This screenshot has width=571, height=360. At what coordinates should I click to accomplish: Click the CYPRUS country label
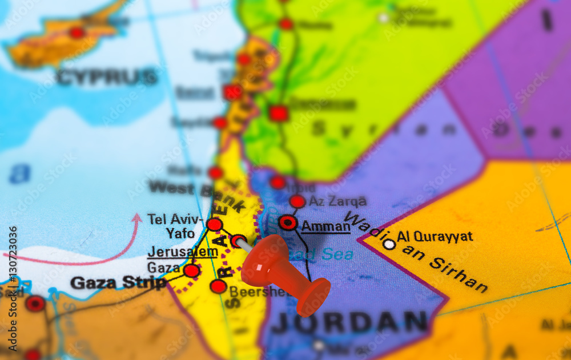click(x=107, y=76)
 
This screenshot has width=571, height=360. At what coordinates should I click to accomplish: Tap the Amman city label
click(x=325, y=226)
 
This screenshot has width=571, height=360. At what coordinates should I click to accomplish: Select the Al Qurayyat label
click(x=435, y=236)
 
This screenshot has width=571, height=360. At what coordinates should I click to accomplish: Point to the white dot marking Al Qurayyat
click(x=389, y=244)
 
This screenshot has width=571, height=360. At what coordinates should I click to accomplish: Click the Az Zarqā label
click(x=337, y=201)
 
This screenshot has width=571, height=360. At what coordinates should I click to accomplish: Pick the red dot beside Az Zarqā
click(x=297, y=201)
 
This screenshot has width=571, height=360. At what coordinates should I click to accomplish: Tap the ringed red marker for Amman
click(x=288, y=223)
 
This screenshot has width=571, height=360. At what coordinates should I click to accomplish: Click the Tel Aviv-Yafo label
click(x=174, y=225)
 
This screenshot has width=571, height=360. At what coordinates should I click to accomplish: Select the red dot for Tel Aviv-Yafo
click(x=214, y=225)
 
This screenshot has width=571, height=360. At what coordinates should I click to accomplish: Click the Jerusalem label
click(x=182, y=252)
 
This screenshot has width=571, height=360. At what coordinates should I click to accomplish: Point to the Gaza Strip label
click(x=118, y=282)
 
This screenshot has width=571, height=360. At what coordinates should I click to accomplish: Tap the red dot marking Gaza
click(x=192, y=270)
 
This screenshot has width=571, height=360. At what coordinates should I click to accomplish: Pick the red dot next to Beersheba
click(x=218, y=286)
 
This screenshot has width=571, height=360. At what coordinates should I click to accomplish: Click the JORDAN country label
click(x=349, y=322)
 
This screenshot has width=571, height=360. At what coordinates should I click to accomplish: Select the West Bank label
click(x=188, y=188)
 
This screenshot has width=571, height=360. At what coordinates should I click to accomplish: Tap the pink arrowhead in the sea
click(x=136, y=219)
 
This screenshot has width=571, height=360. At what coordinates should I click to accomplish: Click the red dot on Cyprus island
click(x=77, y=33)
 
